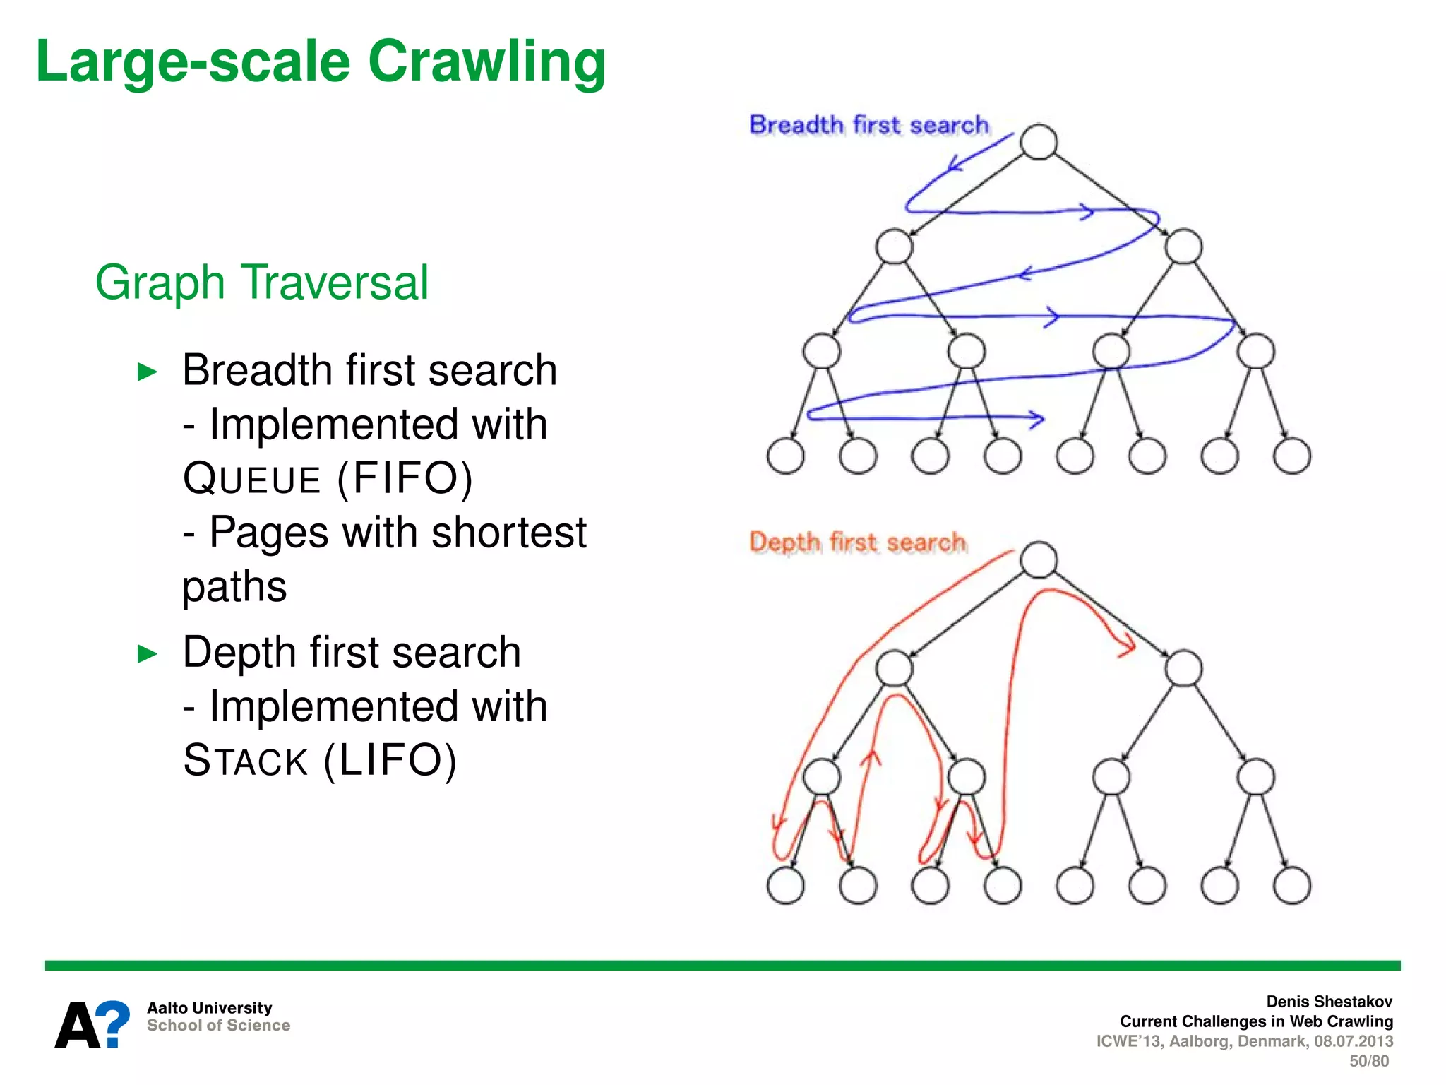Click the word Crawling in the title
[x=486, y=62]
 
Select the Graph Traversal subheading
[x=262, y=283]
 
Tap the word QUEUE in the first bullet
[x=251, y=479]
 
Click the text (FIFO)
[x=405, y=478]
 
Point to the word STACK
[x=245, y=761]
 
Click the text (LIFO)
[x=390, y=761]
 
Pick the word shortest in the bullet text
[x=508, y=532]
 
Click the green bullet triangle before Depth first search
[x=147, y=653]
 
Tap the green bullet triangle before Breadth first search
[x=147, y=372]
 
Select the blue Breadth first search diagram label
[x=868, y=125]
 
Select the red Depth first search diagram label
[x=857, y=542]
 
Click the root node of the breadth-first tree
[x=1039, y=141]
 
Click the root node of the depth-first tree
[x=1039, y=559]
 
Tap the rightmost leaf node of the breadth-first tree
[x=1292, y=456]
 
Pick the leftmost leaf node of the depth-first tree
[x=785, y=886]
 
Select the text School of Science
[x=218, y=1026]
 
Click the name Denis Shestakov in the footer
[x=1329, y=1002]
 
